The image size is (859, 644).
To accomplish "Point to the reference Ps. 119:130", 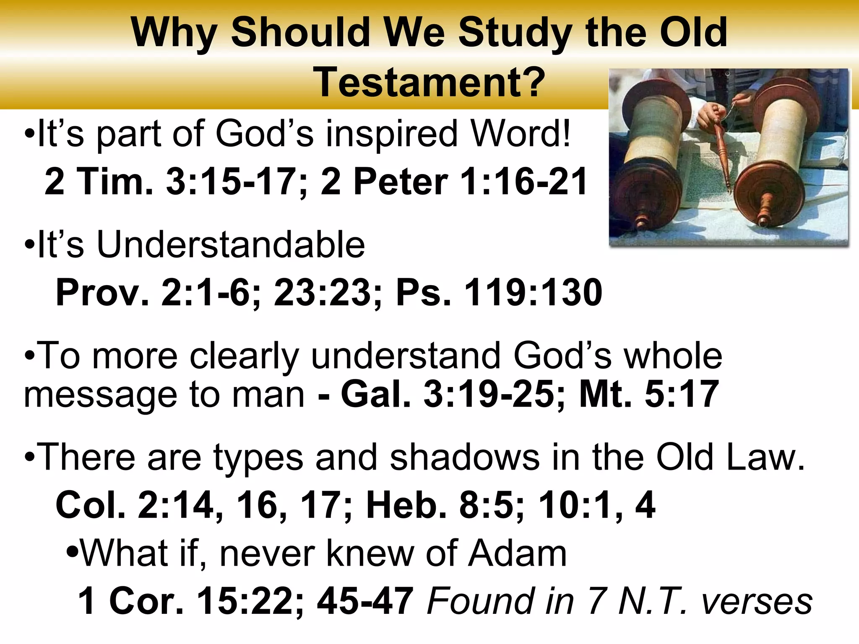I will tap(499, 292).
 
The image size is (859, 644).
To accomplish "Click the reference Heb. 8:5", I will tap(444, 505).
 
